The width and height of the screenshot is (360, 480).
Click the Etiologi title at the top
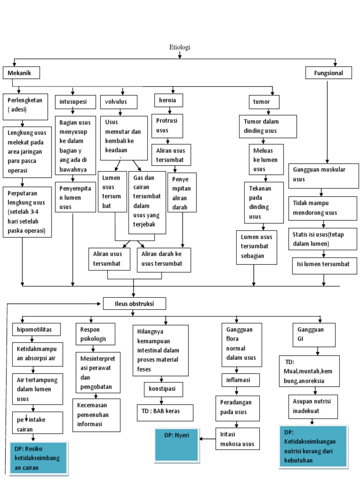(x=180, y=47)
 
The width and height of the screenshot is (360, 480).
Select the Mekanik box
(x=21, y=73)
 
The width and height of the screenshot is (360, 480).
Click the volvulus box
(x=119, y=102)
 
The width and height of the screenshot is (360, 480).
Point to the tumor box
(x=265, y=102)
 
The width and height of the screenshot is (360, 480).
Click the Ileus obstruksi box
(x=134, y=304)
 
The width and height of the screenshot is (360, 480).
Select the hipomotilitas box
(x=37, y=330)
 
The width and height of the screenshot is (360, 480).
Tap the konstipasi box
(x=163, y=390)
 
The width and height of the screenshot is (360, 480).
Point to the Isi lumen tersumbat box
(x=323, y=265)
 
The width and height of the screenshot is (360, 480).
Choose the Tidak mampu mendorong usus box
(x=323, y=208)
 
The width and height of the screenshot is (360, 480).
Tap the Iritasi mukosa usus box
(x=237, y=439)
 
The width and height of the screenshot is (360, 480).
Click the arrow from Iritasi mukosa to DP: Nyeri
(x=207, y=439)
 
